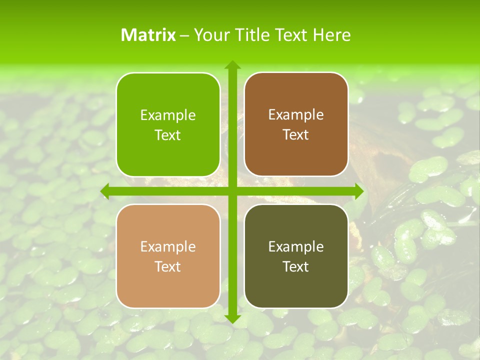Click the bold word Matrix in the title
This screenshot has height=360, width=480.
[148, 34]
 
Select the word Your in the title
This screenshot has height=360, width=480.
[210, 34]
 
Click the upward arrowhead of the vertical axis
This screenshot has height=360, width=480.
[232, 65]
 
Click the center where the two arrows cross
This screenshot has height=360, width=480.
[232, 191]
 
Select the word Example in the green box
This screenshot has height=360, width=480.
[168, 115]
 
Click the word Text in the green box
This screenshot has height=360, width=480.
[168, 135]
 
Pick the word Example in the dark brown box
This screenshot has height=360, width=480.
[296, 114]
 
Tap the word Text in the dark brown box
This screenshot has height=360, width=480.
[296, 134]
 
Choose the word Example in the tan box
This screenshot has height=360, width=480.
[168, 246]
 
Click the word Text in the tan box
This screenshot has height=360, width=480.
[168, 266]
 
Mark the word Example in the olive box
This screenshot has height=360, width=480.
[296, 246]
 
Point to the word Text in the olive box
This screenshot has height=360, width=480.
[296, 266]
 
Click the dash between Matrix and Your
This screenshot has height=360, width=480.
[184, 35]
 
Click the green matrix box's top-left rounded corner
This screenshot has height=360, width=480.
[121, 78]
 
